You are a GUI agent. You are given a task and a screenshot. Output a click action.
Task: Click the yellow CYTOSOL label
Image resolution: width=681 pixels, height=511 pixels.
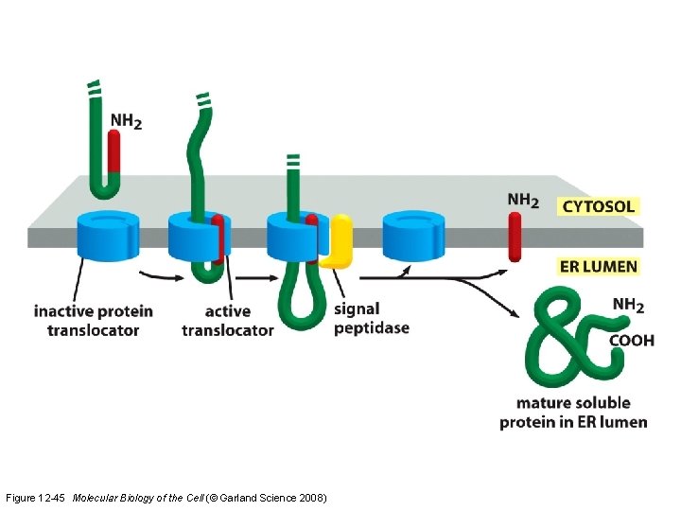[599, 205]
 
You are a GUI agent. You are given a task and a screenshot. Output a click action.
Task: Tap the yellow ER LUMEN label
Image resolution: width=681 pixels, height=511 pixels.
[599, 266]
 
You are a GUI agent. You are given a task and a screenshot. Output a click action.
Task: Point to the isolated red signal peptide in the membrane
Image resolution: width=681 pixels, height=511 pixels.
[515, 237]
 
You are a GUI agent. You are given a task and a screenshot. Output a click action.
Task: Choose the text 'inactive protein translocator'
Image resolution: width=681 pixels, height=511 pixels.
[93, 320]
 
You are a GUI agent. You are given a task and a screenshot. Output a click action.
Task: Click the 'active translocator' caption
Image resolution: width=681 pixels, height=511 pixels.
[227, 320]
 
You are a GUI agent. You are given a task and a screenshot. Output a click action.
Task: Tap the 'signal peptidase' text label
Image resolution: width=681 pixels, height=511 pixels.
[372, 317]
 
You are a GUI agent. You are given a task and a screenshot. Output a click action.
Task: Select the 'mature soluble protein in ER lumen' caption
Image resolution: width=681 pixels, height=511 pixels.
[573, 413]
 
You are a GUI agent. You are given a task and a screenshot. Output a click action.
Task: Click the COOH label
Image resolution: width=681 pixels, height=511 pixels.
[631, 341]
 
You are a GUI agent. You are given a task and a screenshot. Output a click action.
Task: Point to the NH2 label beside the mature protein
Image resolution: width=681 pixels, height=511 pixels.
[628, 305]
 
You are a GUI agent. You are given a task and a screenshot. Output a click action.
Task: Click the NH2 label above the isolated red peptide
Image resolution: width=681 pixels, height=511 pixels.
[523, 200]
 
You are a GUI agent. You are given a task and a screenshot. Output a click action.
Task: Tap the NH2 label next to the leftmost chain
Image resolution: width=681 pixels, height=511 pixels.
[127, 121]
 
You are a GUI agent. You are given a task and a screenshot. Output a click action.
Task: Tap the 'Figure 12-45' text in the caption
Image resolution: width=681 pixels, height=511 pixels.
[36, 497]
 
